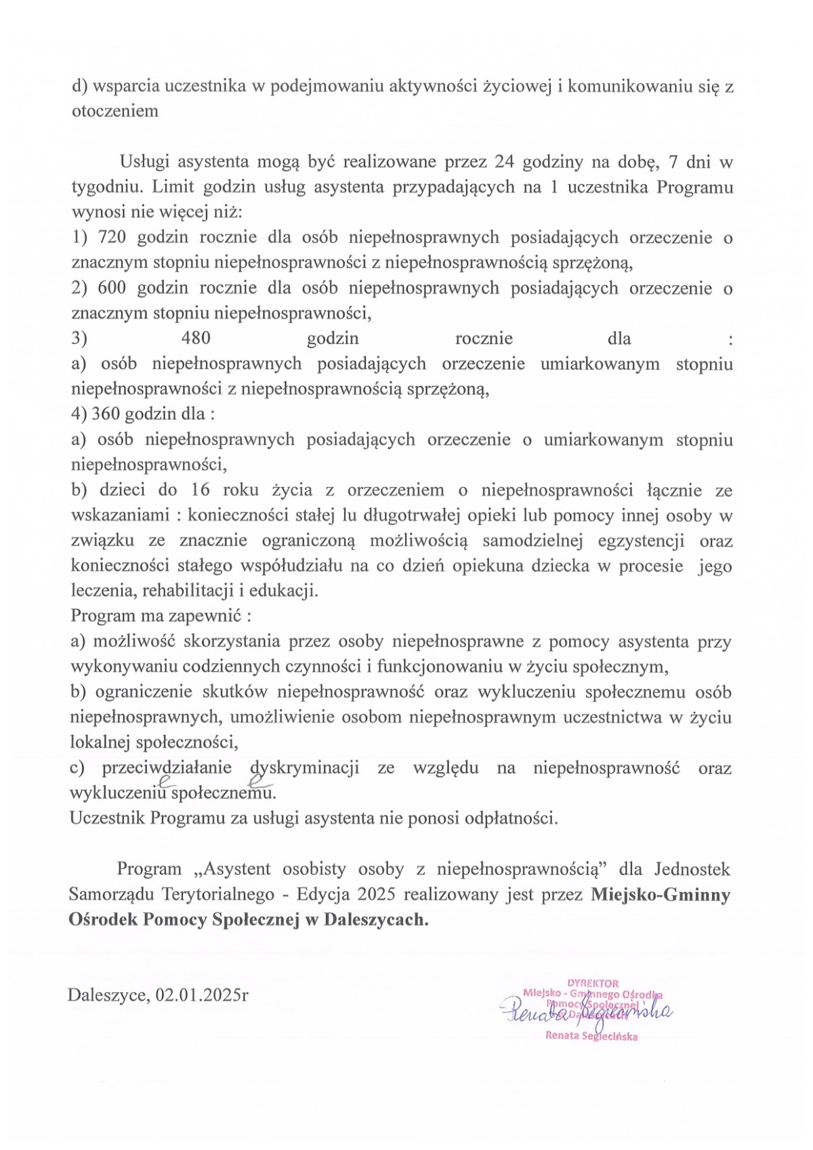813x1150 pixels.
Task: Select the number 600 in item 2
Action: (112, 289)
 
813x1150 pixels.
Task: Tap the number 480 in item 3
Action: (196, 339)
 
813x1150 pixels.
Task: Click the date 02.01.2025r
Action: (201, 995)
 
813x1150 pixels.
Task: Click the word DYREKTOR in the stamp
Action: (593, 983)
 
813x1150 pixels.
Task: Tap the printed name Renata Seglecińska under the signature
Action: (591, 1036)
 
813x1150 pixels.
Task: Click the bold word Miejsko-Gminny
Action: (661, 895)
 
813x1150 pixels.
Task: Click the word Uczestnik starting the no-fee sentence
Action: (107, 818)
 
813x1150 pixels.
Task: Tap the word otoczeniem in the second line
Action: (115, 111)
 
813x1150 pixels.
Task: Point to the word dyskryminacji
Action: (304, 768)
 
